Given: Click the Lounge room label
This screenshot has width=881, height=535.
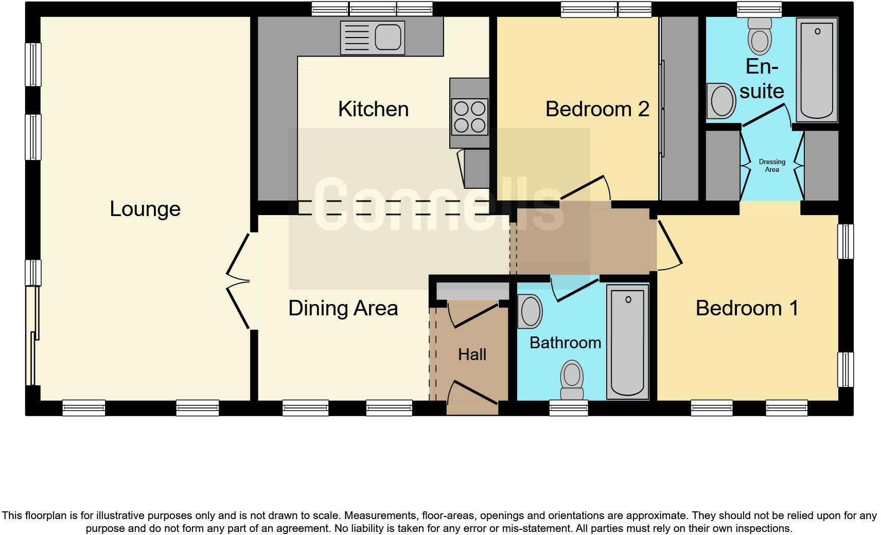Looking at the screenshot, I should tap(145, 209).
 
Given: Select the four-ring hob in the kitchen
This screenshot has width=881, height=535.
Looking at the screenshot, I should tap(469, 116).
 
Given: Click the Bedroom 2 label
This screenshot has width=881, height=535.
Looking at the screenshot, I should tap(597, 109).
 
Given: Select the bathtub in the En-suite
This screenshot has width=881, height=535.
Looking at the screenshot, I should tap(817, 69).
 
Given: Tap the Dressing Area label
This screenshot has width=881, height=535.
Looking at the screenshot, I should tap(772, 166).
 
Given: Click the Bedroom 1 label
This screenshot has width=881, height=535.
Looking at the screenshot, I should tap(747, 308).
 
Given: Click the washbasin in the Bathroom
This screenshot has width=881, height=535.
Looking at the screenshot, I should tap(530, 311).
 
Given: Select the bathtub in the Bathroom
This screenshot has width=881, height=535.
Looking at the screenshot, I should tap(627, 342).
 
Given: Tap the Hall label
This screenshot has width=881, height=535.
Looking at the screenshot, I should tap(472, 354).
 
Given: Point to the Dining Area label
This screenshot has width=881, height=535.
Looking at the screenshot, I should tap(343, 308).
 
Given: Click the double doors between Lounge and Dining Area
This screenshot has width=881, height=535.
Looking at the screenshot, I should tap(238, 281).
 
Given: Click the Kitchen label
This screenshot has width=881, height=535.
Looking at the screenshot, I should tap(373, 109).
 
